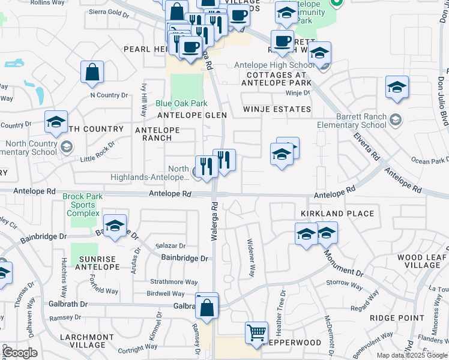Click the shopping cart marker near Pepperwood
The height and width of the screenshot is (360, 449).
click(257, 332)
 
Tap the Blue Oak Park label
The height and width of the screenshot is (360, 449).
click(181, 103)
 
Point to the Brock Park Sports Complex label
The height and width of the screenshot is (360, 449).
click(83, 205)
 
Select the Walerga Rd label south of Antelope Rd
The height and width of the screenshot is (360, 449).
click(213, 222)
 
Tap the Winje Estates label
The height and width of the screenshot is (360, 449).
click(277, 109)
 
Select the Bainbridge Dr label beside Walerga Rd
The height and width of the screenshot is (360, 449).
click(185, 258)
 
